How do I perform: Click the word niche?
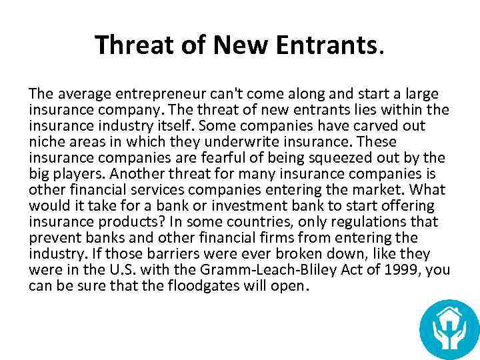pyautogui.click(x=45, y=142)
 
